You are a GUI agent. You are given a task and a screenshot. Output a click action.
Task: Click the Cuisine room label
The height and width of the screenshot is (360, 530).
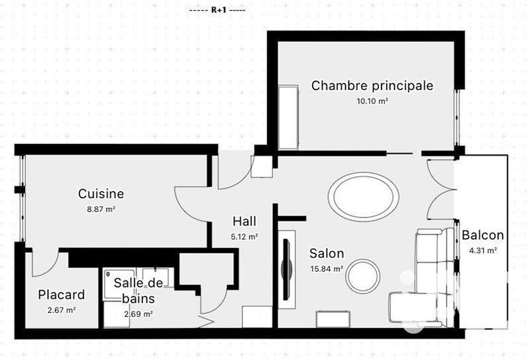click(101, 194)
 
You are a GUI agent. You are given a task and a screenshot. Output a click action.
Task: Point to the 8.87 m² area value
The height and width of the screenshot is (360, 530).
click(101, 209)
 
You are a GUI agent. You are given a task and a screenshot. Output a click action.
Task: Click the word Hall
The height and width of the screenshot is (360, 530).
click(244, 221)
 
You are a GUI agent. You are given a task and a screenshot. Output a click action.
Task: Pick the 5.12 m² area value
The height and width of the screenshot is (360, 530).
click(244, 236)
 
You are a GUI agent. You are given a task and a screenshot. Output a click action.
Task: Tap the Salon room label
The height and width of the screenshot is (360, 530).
click(327, 253)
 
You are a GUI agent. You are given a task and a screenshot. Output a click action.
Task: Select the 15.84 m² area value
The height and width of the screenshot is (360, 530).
click(327, 269)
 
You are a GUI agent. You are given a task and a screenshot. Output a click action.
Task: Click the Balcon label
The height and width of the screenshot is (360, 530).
click(483, 235)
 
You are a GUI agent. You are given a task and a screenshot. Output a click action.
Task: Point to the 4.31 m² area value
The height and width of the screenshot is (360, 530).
click(483, 251)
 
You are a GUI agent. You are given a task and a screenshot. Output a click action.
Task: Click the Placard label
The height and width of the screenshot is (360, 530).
click(61, 295)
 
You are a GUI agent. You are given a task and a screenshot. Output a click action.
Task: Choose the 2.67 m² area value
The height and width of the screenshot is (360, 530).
click(62, 310)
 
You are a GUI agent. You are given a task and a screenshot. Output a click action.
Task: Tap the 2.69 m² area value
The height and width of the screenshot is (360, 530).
click(138, 314)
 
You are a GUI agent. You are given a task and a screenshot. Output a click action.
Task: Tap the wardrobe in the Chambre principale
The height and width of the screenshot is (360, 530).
click(290, 117)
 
